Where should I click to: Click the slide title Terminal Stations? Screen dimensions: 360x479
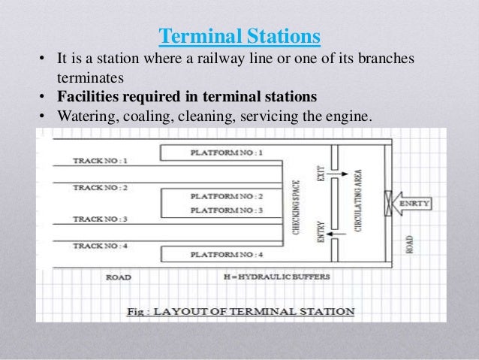[239, 36]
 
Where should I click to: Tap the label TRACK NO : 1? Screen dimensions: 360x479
[101, 160]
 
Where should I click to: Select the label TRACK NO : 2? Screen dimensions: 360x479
[101, 187]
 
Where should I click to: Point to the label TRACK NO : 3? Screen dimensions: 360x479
[101, 219]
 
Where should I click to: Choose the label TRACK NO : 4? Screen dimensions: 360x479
[101, 246]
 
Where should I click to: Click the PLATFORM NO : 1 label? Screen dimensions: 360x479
[226, 153]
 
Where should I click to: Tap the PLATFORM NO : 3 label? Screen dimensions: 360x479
[226, 210]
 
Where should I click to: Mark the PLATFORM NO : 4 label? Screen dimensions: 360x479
[226, 255]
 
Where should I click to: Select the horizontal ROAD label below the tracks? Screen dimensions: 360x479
[119, 277]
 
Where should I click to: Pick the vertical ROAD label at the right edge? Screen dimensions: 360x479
[409, 247]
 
